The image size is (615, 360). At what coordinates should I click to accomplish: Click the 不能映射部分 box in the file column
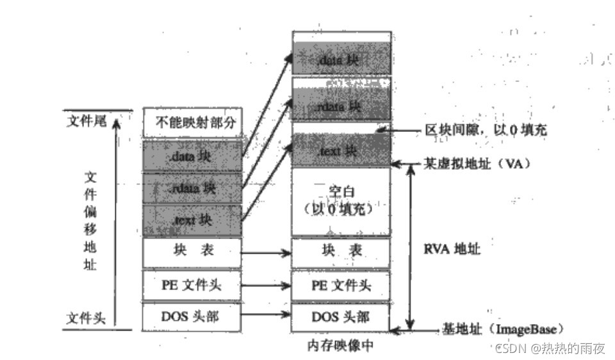192,123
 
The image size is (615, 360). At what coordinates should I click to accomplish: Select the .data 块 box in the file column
192,156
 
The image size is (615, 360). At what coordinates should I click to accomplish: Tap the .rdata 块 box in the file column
192,188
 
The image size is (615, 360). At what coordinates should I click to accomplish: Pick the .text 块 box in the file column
192,220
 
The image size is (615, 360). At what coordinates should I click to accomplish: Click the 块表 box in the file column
192,253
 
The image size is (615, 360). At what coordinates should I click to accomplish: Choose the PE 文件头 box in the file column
192,285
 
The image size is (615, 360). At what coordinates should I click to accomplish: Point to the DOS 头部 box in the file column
192,316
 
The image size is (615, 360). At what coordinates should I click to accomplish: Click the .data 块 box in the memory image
341,59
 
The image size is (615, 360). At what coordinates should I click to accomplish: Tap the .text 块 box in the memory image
341,151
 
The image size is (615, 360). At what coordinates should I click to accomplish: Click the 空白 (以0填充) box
341,201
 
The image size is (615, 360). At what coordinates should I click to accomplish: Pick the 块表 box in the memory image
341,253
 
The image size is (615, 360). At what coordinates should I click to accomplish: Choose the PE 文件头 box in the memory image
341,285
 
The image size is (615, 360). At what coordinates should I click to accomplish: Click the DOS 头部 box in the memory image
341,316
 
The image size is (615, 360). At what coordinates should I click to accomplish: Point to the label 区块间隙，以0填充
486,131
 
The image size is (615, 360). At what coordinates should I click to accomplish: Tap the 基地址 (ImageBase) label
502,329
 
